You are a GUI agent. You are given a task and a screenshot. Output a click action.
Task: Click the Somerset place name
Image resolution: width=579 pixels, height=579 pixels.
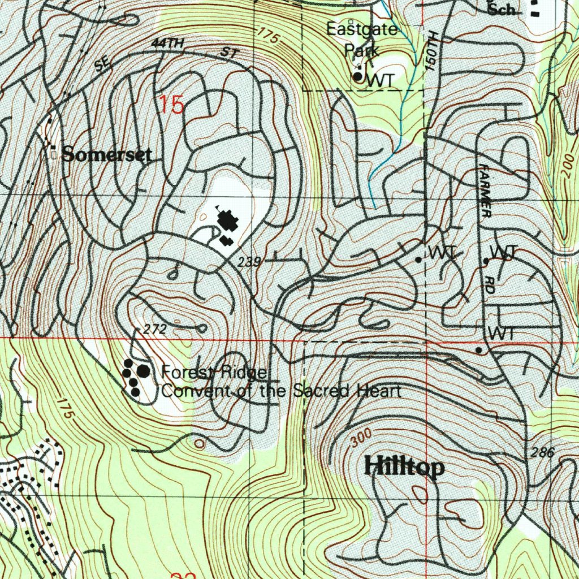pos(106,154)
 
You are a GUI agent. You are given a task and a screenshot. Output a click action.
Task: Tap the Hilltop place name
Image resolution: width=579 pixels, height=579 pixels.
pos(404,468)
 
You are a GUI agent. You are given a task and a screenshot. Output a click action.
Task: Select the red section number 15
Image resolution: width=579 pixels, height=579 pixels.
pos(171,105)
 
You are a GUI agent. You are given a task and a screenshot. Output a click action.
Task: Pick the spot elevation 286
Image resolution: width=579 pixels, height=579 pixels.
pos(542,452)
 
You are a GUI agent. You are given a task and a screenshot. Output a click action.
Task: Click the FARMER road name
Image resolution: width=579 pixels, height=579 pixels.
pos(485,191)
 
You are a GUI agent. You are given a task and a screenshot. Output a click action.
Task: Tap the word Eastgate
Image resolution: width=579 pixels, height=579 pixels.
pos(362,29)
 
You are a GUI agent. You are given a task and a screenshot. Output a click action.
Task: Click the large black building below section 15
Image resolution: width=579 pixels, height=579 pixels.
pos(228,221)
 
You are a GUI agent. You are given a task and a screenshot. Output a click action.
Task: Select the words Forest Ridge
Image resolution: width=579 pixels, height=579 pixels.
pos(214,372)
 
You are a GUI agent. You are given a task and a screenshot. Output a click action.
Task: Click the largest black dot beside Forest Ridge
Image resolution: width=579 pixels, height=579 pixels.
pos(144,371)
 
